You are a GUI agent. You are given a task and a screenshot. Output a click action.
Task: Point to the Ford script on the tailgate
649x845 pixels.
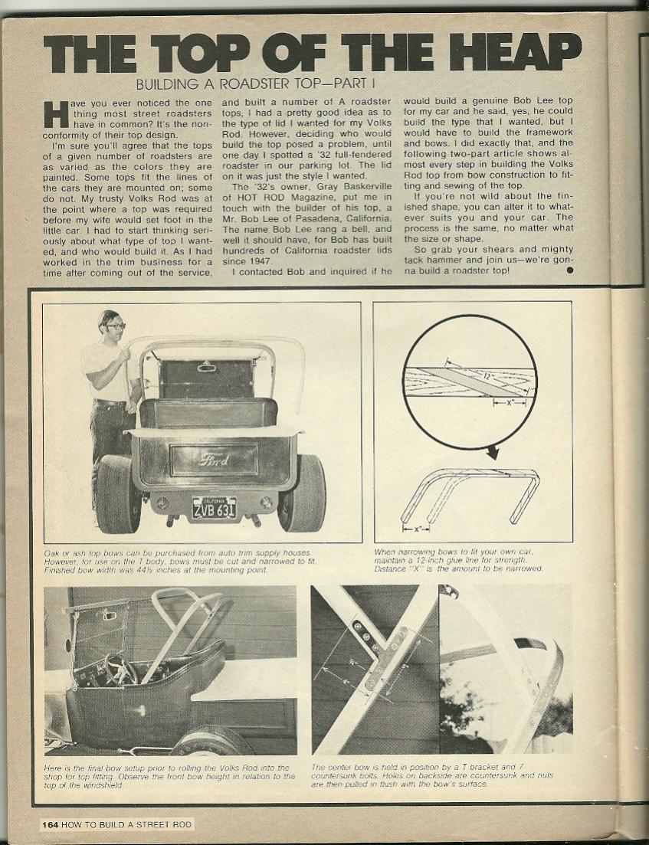214,460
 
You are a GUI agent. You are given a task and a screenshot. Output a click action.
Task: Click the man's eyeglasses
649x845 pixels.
116,327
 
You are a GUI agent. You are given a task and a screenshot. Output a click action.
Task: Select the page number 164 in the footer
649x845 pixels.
50,824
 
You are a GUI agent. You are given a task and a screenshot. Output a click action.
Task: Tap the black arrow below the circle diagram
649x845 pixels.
491,452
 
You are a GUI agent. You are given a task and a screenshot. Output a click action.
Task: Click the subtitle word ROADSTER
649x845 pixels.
234,84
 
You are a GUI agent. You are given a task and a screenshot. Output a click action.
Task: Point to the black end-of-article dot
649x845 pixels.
570,270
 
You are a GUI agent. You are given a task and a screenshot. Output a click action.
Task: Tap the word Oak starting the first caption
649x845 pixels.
53,552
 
